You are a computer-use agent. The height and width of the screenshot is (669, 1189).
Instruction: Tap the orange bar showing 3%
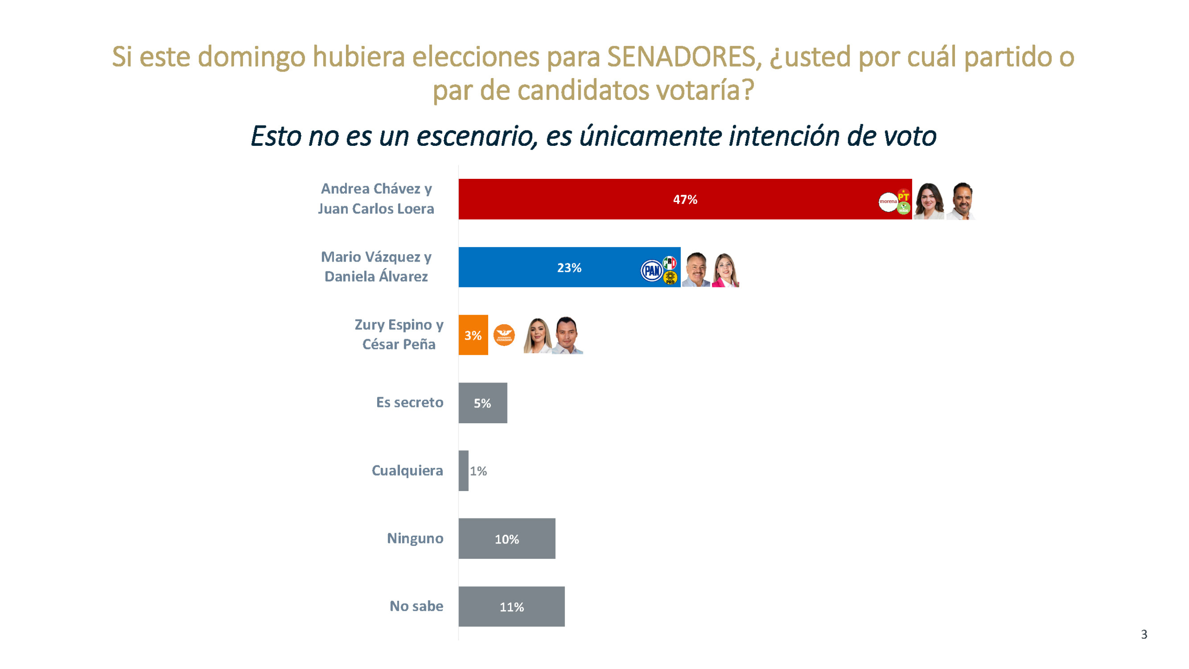(x=473, y=335)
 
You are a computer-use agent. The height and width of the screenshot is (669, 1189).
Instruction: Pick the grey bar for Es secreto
(x=483, y=403)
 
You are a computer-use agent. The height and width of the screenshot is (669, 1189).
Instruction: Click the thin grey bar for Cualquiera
(x=463, y=471)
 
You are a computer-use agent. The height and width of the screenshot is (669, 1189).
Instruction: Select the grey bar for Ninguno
(x=507, y=538)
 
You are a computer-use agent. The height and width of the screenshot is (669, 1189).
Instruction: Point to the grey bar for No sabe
(x=511, y=606)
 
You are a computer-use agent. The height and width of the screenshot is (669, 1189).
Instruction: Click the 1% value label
(x=478, y=471)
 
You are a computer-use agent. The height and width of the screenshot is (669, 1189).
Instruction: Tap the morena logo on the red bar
(x=888, y=202)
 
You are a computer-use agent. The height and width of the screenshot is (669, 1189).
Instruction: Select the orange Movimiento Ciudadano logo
(x=504, y=335)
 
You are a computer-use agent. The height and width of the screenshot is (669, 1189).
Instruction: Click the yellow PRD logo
(x=670, y=278)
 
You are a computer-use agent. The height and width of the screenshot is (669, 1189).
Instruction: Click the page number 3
(x=1143, y=635)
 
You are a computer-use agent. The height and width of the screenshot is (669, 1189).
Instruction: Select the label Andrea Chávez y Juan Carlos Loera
(x=376, y=198)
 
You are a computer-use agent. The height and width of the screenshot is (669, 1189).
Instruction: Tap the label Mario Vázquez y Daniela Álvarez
(x=376, y=267)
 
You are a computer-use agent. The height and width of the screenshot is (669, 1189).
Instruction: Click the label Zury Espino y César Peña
(x=399, y=334)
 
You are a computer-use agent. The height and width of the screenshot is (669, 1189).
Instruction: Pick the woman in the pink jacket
(x=725, y=271)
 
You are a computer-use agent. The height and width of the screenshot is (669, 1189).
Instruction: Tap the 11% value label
(x=511, y=607)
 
